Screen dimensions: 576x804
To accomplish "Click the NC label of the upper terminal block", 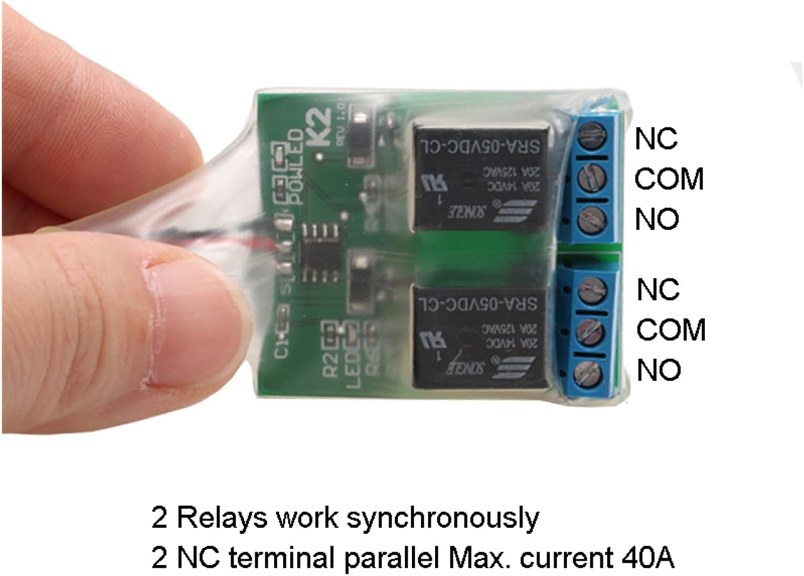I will (x=656, y=139).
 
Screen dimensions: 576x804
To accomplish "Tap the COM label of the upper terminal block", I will (x=669, y=179).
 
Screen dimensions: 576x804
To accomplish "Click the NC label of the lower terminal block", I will (x=658, y=290).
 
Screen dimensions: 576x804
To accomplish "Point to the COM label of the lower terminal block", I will (x=671, y=330).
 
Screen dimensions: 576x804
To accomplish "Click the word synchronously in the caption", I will (x=443, y=519).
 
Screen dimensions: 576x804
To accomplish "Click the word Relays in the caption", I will (x=222, y=519).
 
